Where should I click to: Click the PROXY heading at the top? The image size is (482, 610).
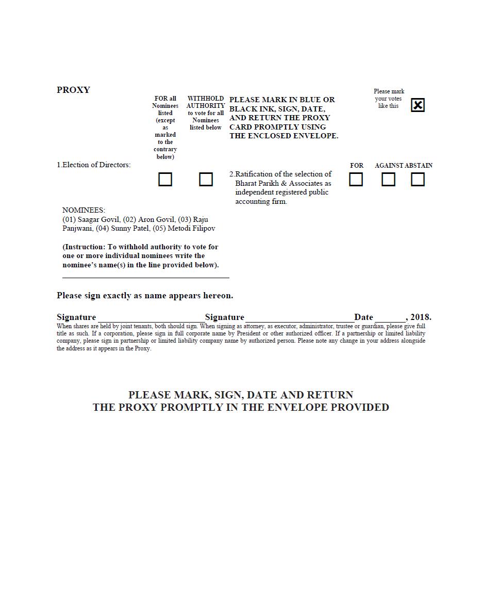coord(73,90)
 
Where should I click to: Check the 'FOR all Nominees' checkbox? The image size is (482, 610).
coord(165,180)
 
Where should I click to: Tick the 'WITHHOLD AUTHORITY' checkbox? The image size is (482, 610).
coord(206,180)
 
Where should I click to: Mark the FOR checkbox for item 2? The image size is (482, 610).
coord(356,180)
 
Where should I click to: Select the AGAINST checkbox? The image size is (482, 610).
coord(388,180)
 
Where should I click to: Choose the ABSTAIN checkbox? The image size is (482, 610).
coord(418,180)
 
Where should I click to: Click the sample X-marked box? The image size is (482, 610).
coord(418,105)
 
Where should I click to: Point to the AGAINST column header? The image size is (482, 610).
coord(389,166)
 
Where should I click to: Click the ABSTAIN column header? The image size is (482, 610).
coord(419,166)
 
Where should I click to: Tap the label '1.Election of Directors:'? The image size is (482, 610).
coord(94,165)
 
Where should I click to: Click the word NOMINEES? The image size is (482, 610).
coord(84,210)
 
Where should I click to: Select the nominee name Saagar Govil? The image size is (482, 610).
coord(98,219)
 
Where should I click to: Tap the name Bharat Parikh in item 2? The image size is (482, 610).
coord(257,183)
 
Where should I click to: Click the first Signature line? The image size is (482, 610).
coord(151,317)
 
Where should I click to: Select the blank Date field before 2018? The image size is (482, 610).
coord(390,317)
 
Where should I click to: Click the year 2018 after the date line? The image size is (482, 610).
coord(420,317)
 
